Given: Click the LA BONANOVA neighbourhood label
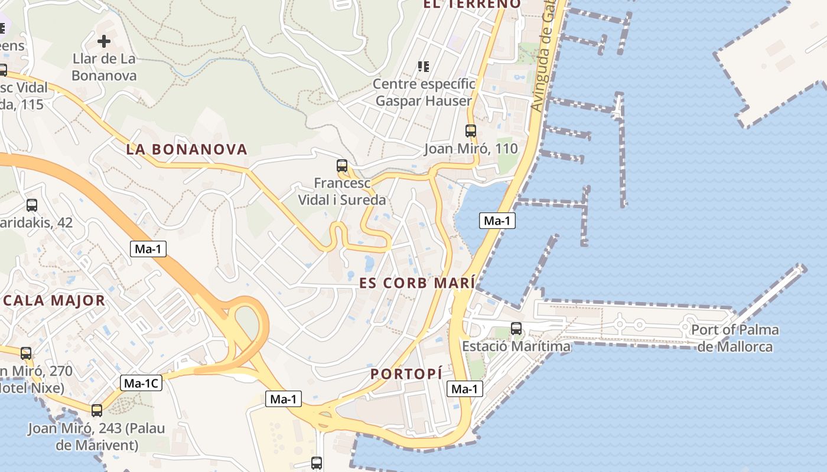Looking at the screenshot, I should [x=186, y=149].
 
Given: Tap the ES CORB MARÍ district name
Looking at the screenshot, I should [x=417, y=283].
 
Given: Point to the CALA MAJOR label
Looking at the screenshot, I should [x=54, y=300].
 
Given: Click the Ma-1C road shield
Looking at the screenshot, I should [x=141, y=383].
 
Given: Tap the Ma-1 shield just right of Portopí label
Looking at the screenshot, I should [x=464, y=389].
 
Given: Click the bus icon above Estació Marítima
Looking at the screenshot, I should [x=516, y=329].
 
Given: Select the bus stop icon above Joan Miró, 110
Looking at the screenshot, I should [x=471, y=131].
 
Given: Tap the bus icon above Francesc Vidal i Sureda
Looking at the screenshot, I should [x=342, y=166].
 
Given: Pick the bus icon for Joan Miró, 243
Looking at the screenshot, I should [x=97, y=411].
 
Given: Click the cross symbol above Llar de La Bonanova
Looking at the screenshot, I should [x=104, y=41].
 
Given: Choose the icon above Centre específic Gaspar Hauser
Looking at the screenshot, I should [x=423, y=66].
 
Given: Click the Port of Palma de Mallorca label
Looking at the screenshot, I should [x=735, y=338].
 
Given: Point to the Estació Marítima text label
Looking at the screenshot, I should [x=516, y=346].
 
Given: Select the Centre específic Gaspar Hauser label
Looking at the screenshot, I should [x=424, y=93].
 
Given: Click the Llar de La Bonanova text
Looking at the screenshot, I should [x=104, y=67].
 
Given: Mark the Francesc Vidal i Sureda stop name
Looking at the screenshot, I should [x=342, y=192].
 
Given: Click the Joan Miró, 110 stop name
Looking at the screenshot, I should [x=471, y=149].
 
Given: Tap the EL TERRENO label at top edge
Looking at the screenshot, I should [x=472, y=4].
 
